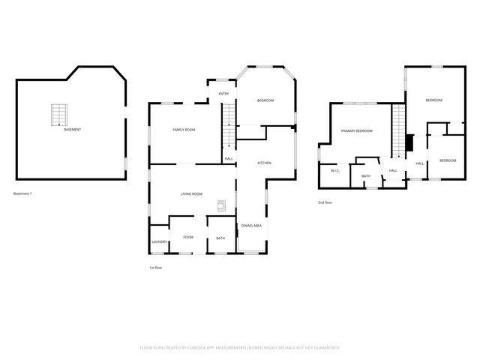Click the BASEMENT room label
[x=73, y=130]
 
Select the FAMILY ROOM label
[x=184, y=130]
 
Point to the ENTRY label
[x=223, y=94]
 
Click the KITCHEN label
[x=264, y=163]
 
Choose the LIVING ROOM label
[x=191, y=194]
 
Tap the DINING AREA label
[x=251, y=226]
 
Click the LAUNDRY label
[x=159, y=241]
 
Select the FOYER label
[x=188, y=237]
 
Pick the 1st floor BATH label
[x=220, y=238]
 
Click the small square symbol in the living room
[x=222, y=205]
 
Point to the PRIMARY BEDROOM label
[x=357, y=131]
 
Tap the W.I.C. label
[x=336, y=171]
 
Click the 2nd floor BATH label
[x=366, y=176]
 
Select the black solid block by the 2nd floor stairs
[x=409, y=143]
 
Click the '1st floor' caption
[x=155, y=268]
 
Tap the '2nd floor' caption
[x=325, y=202]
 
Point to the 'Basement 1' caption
[x=23, y=194]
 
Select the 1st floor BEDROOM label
[x=265, y=101]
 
